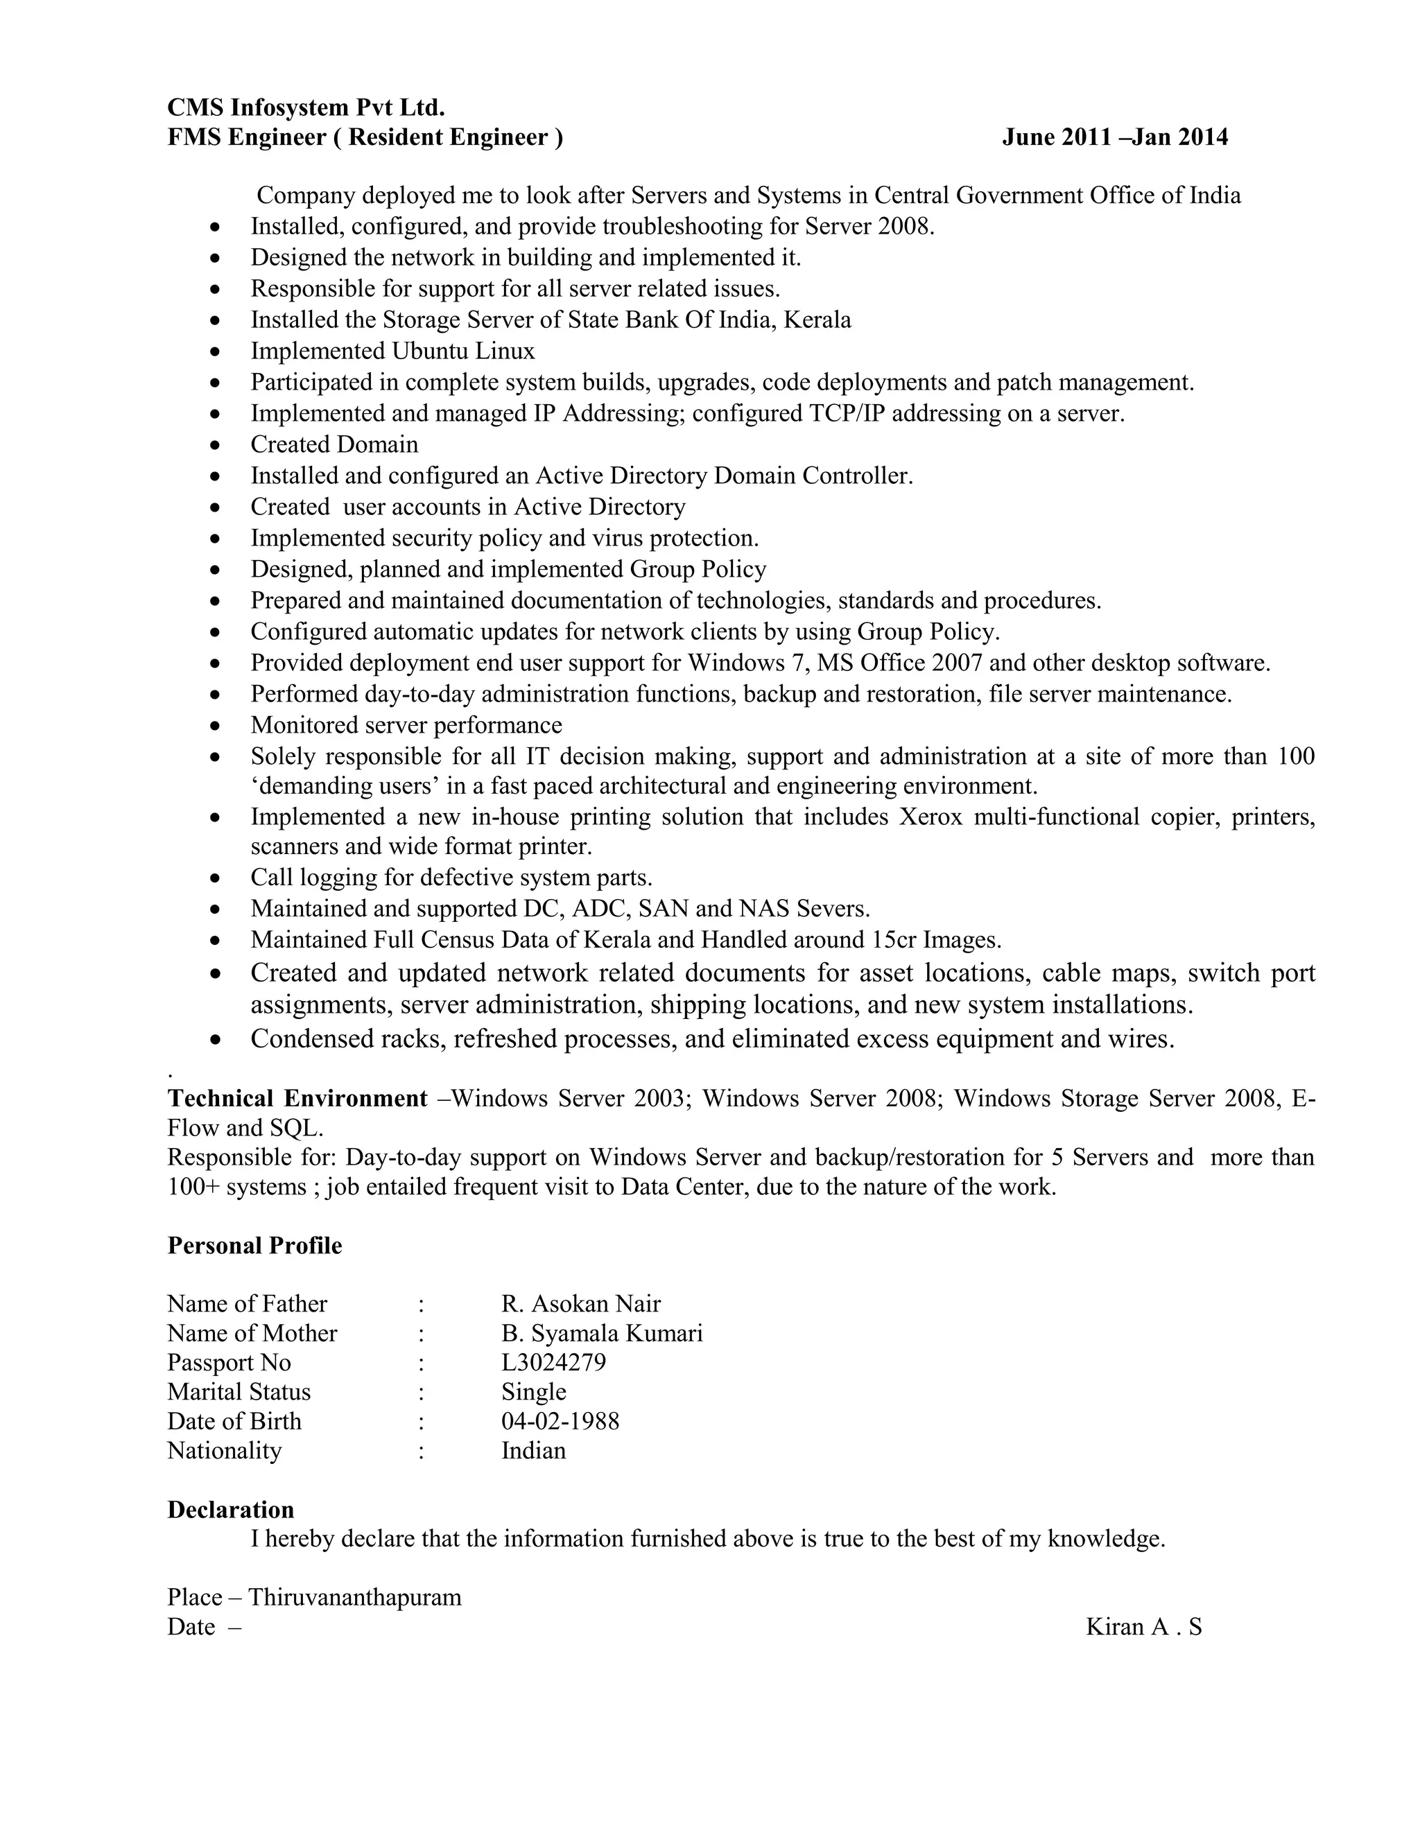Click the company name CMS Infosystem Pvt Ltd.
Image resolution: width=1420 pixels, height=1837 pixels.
click(305, 107)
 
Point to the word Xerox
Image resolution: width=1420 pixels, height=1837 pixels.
click(930, 817)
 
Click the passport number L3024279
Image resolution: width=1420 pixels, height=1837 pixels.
click(553, 1363)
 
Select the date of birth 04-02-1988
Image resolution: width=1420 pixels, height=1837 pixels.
click(560, 1422)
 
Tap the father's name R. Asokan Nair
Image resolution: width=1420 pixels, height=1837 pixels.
click(580, 1304)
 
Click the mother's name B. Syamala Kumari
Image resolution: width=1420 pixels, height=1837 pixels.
click(601, 1333)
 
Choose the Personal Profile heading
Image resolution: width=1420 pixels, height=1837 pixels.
click(254, 1246)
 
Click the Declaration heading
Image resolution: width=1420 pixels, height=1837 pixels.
click(230, 1510)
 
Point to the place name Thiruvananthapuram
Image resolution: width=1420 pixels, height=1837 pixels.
click(354, 1597)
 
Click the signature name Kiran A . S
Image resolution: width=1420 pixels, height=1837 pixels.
click(1143, 1627)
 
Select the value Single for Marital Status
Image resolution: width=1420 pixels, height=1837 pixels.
click(533, 1392)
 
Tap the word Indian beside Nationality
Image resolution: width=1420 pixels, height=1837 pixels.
click(533, 1451)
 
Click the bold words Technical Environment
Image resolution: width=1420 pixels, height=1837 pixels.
click(297, 1099)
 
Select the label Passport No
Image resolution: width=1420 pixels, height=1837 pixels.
click(229, 1363)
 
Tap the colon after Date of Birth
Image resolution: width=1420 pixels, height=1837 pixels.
click(421, 1422)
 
